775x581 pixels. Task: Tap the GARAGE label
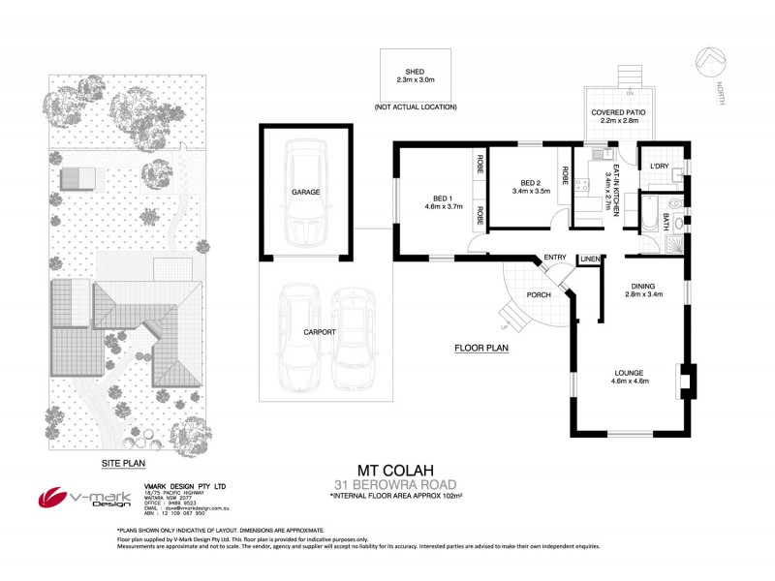[306, 193]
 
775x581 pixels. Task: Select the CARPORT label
[319, 332]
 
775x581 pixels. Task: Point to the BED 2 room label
[530, 187]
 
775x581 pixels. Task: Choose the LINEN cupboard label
[589, 260]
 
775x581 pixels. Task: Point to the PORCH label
[539, 295]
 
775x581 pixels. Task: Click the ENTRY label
[555, 257]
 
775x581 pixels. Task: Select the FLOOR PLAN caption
[481, 348]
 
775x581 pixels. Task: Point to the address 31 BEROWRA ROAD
[387, 484]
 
